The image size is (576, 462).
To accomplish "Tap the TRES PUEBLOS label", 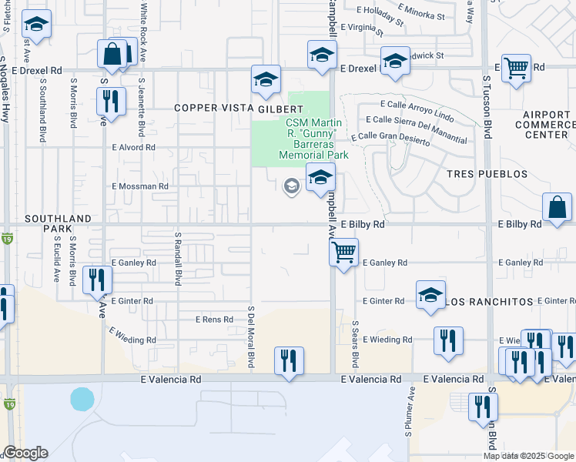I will coord(487,174).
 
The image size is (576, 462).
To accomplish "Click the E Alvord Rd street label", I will coord(133,147).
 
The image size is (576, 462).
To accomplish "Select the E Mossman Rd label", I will coord(140,186).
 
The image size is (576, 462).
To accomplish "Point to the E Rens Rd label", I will coord(214,320).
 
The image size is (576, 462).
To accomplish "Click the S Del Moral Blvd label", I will coord(251,336).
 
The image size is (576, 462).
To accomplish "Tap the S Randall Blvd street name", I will coord(177,260).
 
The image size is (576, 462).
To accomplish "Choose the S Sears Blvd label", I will coord(355,344).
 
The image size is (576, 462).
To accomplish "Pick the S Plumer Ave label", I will coord(410,421).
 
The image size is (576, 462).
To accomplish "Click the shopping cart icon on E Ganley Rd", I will coord(343,250).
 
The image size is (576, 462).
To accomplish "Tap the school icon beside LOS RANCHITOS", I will coord(430,295).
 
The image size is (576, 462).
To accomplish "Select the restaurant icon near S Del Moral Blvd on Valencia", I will coord(289,360).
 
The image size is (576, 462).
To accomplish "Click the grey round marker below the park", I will coord(291,186).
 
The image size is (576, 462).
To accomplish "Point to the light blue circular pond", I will coord(82,399).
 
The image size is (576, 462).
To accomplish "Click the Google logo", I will coord(25,453).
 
